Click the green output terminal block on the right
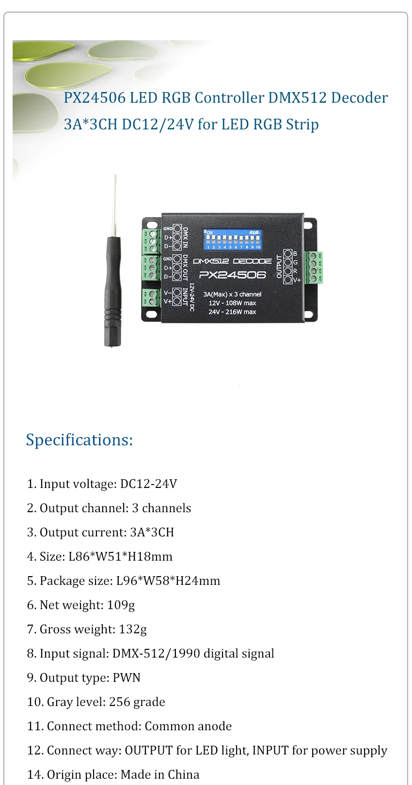point(314,267)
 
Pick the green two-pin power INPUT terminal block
point(152,298)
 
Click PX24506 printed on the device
point(233,275)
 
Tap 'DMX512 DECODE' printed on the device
point(233,261)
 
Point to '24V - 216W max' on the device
point(232,312)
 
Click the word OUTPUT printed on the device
point(279,267)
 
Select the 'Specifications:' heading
point(79,440)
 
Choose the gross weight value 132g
point(133,629)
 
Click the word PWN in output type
point(127,677)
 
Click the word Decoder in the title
point(359,98)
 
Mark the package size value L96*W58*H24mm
point(168,581)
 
